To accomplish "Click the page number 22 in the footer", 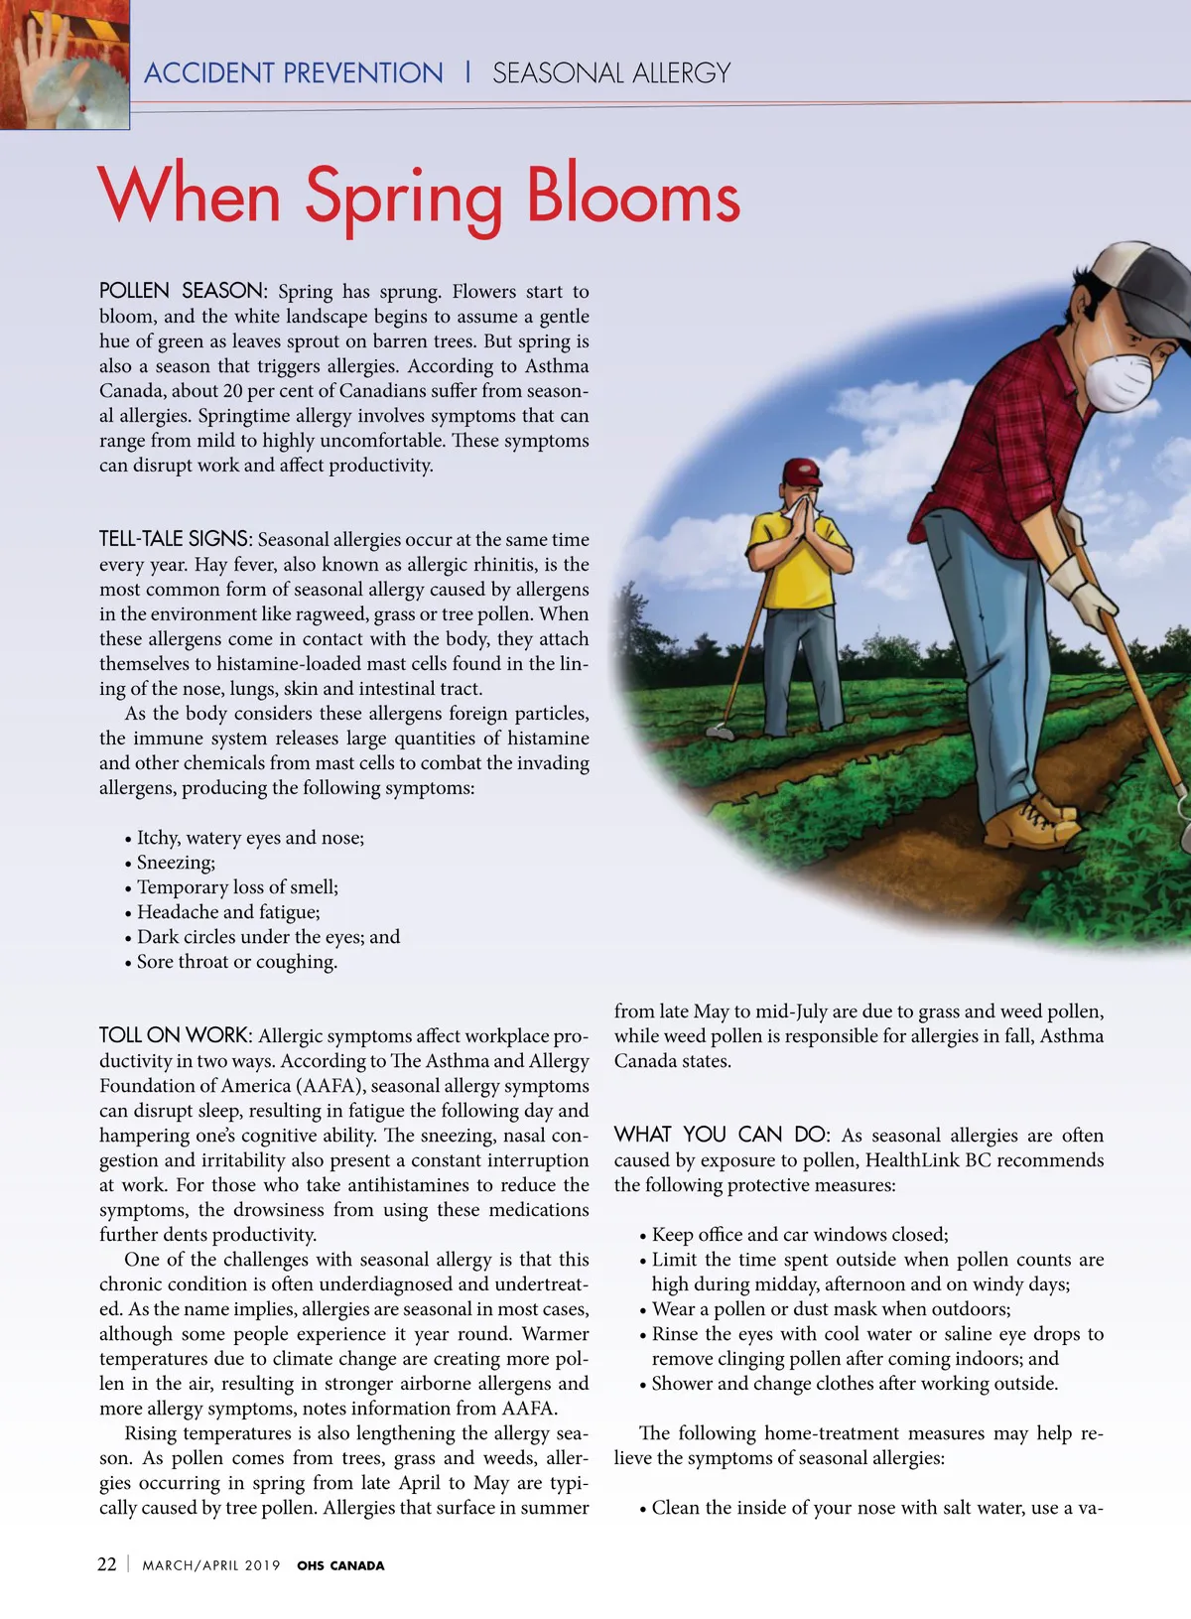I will tap(106, 1564).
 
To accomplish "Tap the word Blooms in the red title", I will tap(632, 196).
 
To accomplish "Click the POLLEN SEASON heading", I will tap(182, 291).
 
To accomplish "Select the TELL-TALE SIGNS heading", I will tap(175, 539).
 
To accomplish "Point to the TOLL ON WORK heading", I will tap(175, 1035).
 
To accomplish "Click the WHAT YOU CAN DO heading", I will tap(722, 1135).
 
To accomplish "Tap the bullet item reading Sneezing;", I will tap(176, 863).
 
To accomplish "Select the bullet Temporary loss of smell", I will tap(237, 887).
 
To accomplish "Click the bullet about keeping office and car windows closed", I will tap(799, 1235).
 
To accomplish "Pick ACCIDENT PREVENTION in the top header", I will tap(294, 73).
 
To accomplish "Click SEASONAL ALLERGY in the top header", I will tap(611, 73).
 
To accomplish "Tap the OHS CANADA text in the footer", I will tap(340, 1565).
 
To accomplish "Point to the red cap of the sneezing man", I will tap(802, 470).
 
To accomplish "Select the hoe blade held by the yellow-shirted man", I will tap(722, 732).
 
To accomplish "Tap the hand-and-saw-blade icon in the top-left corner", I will tap(65, 65).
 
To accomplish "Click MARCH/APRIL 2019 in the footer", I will tap(211, 1565).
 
